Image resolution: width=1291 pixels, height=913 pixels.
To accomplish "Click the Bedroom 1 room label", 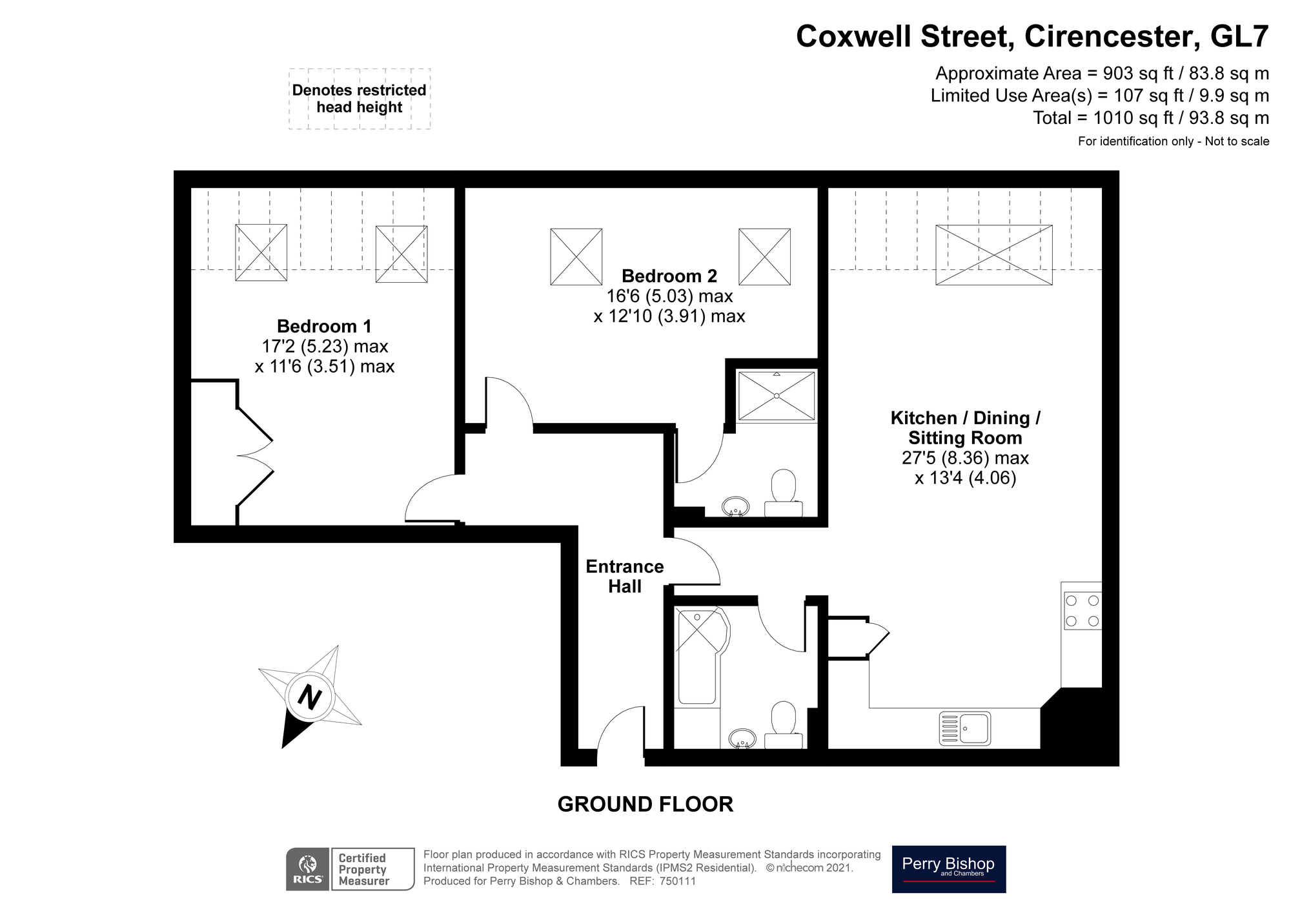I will pos(324,326).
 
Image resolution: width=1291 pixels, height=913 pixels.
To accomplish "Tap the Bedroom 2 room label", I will pos(669,276).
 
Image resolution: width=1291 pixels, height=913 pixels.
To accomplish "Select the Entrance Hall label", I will pos(624,577).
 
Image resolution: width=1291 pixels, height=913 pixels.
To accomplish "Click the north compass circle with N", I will pos(309,697).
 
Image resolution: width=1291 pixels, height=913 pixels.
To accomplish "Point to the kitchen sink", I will pos(964,728).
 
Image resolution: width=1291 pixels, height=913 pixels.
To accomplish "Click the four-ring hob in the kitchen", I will pos(1082,611).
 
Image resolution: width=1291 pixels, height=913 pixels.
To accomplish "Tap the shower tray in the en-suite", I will pos(777,396).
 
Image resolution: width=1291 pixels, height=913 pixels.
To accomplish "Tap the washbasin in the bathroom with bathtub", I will pos(742,738).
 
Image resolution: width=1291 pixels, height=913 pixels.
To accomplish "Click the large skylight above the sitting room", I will pos(993,254).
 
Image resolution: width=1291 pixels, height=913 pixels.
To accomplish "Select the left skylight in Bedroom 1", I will pos(261,252).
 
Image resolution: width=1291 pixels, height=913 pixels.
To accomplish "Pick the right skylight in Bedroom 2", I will pos(764,256).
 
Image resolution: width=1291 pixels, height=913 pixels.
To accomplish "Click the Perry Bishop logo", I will pos(948,868).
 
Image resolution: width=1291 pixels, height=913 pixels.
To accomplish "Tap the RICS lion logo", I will pos(308,869).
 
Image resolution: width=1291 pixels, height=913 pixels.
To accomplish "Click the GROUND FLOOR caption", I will pos(645,804).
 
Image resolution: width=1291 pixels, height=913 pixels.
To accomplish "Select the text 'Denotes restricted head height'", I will pos(359,99).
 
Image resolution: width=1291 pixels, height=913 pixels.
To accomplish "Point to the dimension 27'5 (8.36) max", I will pos(965,458).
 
